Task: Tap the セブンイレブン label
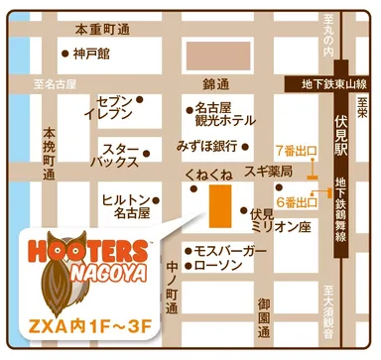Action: click(x=117, y=108)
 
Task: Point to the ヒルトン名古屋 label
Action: click(x=125, y=205)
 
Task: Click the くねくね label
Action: click(x=208, y=175)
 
